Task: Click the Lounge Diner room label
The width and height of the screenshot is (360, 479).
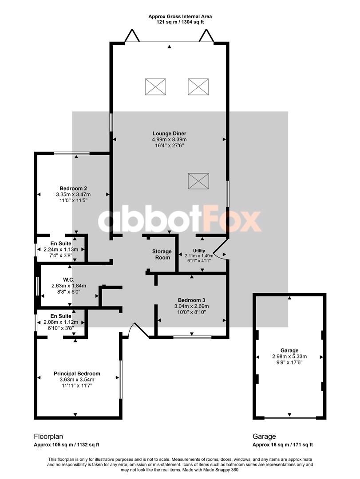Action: pyautogui.click(x=169, y=133)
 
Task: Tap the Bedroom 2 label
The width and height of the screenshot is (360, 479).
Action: pyautogui.click(x=73, y=188)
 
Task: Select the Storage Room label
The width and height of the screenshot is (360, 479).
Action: pyautogui.click(x=162, y=255)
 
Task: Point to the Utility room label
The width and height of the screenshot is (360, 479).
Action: pyautogui.click(x=199, y=251)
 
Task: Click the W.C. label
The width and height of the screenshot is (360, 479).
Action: pyautogui.click(x=69, y=279)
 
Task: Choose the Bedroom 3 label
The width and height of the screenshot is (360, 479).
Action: pyautogui.click(x=191, y=300)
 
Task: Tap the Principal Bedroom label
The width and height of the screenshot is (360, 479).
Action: pyautogui.click(x=77, y=373)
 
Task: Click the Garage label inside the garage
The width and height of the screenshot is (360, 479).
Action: pyautogui.click(x=289, y=350)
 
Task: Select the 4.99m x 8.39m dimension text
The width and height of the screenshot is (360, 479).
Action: pyautogui.click(x=169, y=140)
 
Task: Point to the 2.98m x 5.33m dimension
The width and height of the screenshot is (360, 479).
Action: pyautogui.click(x=289, y=357)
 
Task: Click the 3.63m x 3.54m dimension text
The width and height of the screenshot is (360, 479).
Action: pyautogui.click(x=77, y=380)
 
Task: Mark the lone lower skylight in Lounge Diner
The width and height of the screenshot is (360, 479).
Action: pyautogui.click(x=198, y=181)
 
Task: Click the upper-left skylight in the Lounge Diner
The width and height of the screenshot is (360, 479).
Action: pyautogui.click(x=155, y=86)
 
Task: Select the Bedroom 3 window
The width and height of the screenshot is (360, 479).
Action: pyautogui.click(x=192, y=337)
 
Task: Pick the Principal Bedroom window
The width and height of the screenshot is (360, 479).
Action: pyautogui.click(x=120, y=379)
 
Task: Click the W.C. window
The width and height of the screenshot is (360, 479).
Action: pyautogui.click(x=37, y=286)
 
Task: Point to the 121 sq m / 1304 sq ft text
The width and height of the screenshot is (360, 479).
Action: pyautogui.click(x=180, y=22)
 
